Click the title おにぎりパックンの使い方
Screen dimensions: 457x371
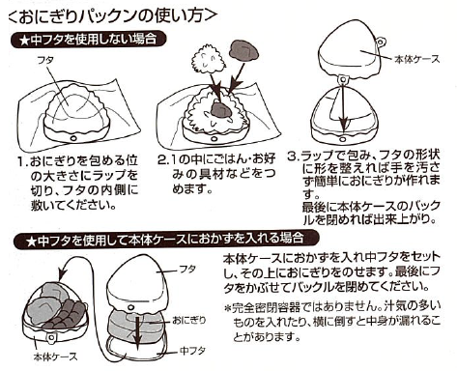[x=111, y=15]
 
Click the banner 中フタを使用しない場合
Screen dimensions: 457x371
[x=89, y=40]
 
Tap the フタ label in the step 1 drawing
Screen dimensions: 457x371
[x=45, y=60]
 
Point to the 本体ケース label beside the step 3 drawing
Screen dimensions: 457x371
[x=416, y=59]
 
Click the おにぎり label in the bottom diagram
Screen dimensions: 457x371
[x=188, y=320]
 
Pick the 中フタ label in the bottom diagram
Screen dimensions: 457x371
[x=192, y=351]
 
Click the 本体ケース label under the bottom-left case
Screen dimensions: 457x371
[x=56, y=357]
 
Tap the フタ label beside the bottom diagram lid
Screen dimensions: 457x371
[x=187, y=270]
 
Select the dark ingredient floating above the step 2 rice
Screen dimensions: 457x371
[x=243, y=51]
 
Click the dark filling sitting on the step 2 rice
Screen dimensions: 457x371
[x=220, y=109]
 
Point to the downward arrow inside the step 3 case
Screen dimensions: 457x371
[x=344, y=105]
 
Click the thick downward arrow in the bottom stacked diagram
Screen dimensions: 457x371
[x=138, y=331]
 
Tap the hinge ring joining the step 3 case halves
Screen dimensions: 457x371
[x=343, y=80]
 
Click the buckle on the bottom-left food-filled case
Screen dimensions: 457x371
[x=51, y=337]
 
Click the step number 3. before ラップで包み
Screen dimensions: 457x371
[x=294, y=157]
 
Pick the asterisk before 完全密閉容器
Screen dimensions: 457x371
[x=228, y=308]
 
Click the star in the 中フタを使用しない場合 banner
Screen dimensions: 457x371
[x=24, y=41]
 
